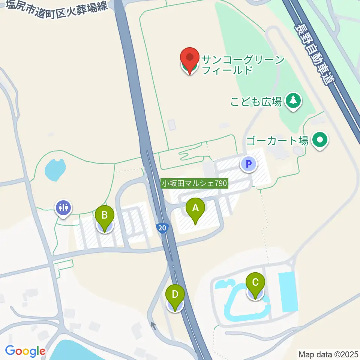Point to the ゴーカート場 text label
click(277, 141)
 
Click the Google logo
click(25, 351)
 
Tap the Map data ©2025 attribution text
click(328, 354)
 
